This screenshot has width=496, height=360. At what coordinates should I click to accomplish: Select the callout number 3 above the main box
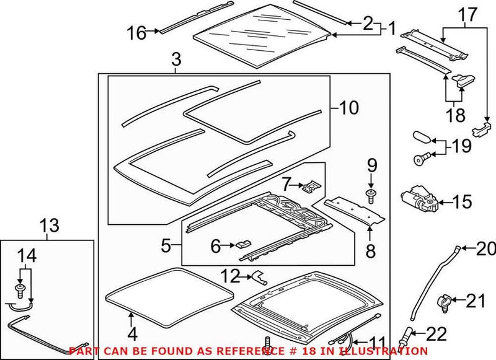coord(176,61)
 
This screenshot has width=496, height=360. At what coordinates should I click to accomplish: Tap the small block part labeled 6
coord(242,244)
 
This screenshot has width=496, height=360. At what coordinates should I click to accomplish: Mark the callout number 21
coord(476,301)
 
